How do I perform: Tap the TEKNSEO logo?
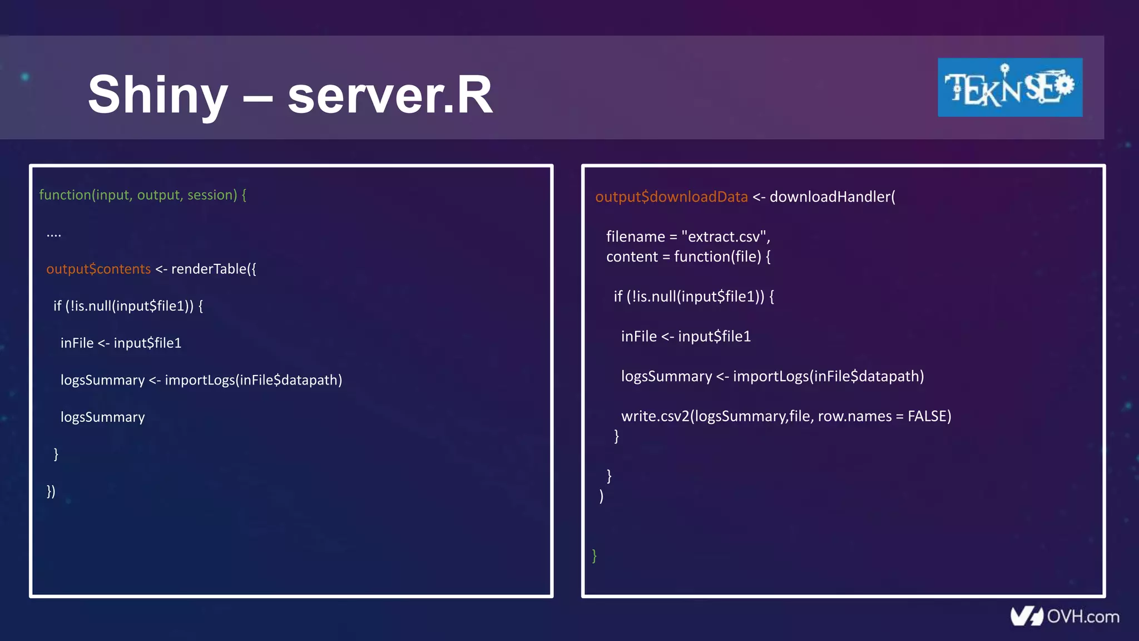point(1009,87)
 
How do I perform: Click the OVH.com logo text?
point(1082,617)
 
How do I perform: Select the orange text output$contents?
point(98,269)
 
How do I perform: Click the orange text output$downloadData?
point(671,197)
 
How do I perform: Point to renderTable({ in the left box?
point(214,269)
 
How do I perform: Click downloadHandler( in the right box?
point(832,197)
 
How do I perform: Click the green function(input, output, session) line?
point(142,195)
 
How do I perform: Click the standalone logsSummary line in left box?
point(102,417)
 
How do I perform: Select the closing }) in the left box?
point(51,491)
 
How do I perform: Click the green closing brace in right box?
point(595,555)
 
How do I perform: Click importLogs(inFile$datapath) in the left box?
point(253,380)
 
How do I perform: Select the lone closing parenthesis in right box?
point(601,496)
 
